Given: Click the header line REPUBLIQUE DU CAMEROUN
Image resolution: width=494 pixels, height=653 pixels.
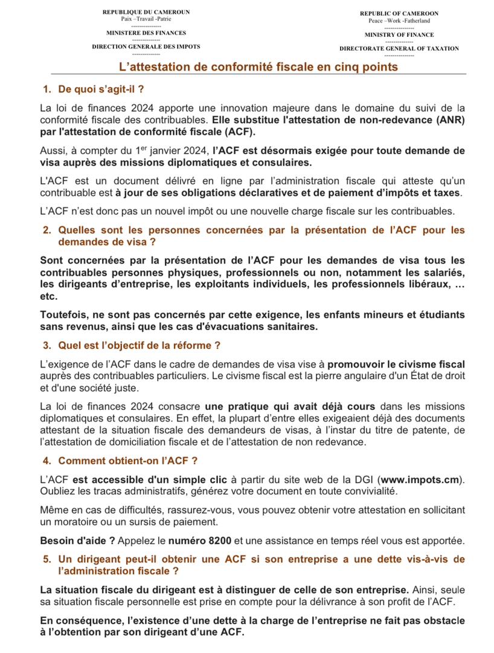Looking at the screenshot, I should [146, 12].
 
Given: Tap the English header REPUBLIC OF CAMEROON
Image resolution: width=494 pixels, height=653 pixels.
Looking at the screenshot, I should [399, 13].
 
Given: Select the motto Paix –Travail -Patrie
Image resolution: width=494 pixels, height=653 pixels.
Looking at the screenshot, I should [146, 19].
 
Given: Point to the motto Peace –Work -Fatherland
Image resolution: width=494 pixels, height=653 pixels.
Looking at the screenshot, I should [399, 21].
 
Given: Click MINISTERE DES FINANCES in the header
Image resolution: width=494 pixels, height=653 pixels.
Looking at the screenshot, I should [146, 33].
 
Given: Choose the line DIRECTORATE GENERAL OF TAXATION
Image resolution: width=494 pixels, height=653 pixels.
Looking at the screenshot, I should [399, 48].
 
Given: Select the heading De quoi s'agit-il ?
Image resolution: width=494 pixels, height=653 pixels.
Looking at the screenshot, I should [101, 89].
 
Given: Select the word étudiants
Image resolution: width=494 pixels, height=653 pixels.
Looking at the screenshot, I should [440, 315].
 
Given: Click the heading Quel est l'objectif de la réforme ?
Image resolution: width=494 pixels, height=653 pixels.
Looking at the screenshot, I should [139, 345].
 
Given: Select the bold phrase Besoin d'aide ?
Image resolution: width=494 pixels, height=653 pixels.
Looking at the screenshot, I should [77, 540].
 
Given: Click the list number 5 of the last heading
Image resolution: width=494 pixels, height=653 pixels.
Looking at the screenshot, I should [47, 559].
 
